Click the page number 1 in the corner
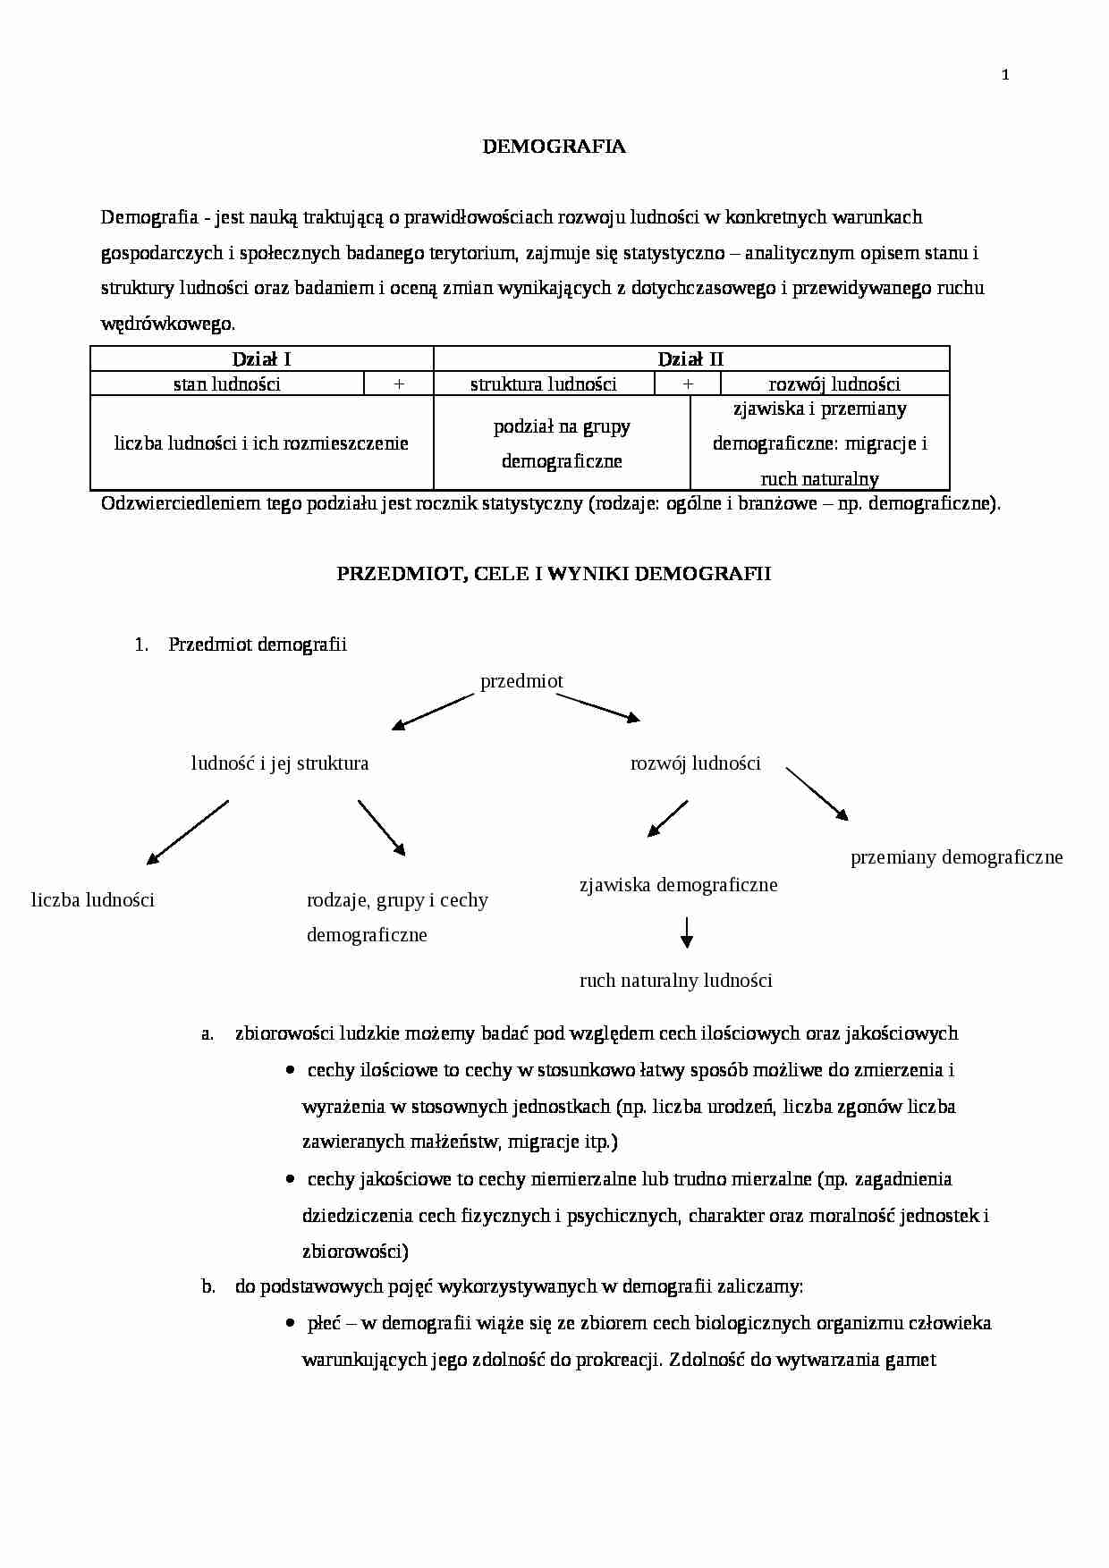(x=1005, y=76)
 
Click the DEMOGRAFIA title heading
(x=554, y=148)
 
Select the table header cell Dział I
(x=261, y=359)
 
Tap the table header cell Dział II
(x=690, y=359)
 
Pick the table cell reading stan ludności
(x=227, y=384)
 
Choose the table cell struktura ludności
(x=544, y=384)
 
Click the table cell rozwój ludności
(x=834, y=384)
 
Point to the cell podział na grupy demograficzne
(x=562, y=443)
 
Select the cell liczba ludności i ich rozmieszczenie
(x=261, y=443)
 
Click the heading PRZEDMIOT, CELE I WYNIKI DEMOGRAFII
(x=554, y=574)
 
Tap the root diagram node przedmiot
(x=521, y=681)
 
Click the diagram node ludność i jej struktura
(x=280, y=763)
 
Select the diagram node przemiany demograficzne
(x=956, y=858)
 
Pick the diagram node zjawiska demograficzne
(x=678, y=885)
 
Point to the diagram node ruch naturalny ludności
(x=675, y=981)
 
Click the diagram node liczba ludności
(x=93, y=900)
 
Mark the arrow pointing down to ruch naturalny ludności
(x=686, y=932)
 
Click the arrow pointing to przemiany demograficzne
(x=817, y=794)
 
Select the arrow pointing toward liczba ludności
(x=188, y=832)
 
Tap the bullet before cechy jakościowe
(x=290, y=1179)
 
